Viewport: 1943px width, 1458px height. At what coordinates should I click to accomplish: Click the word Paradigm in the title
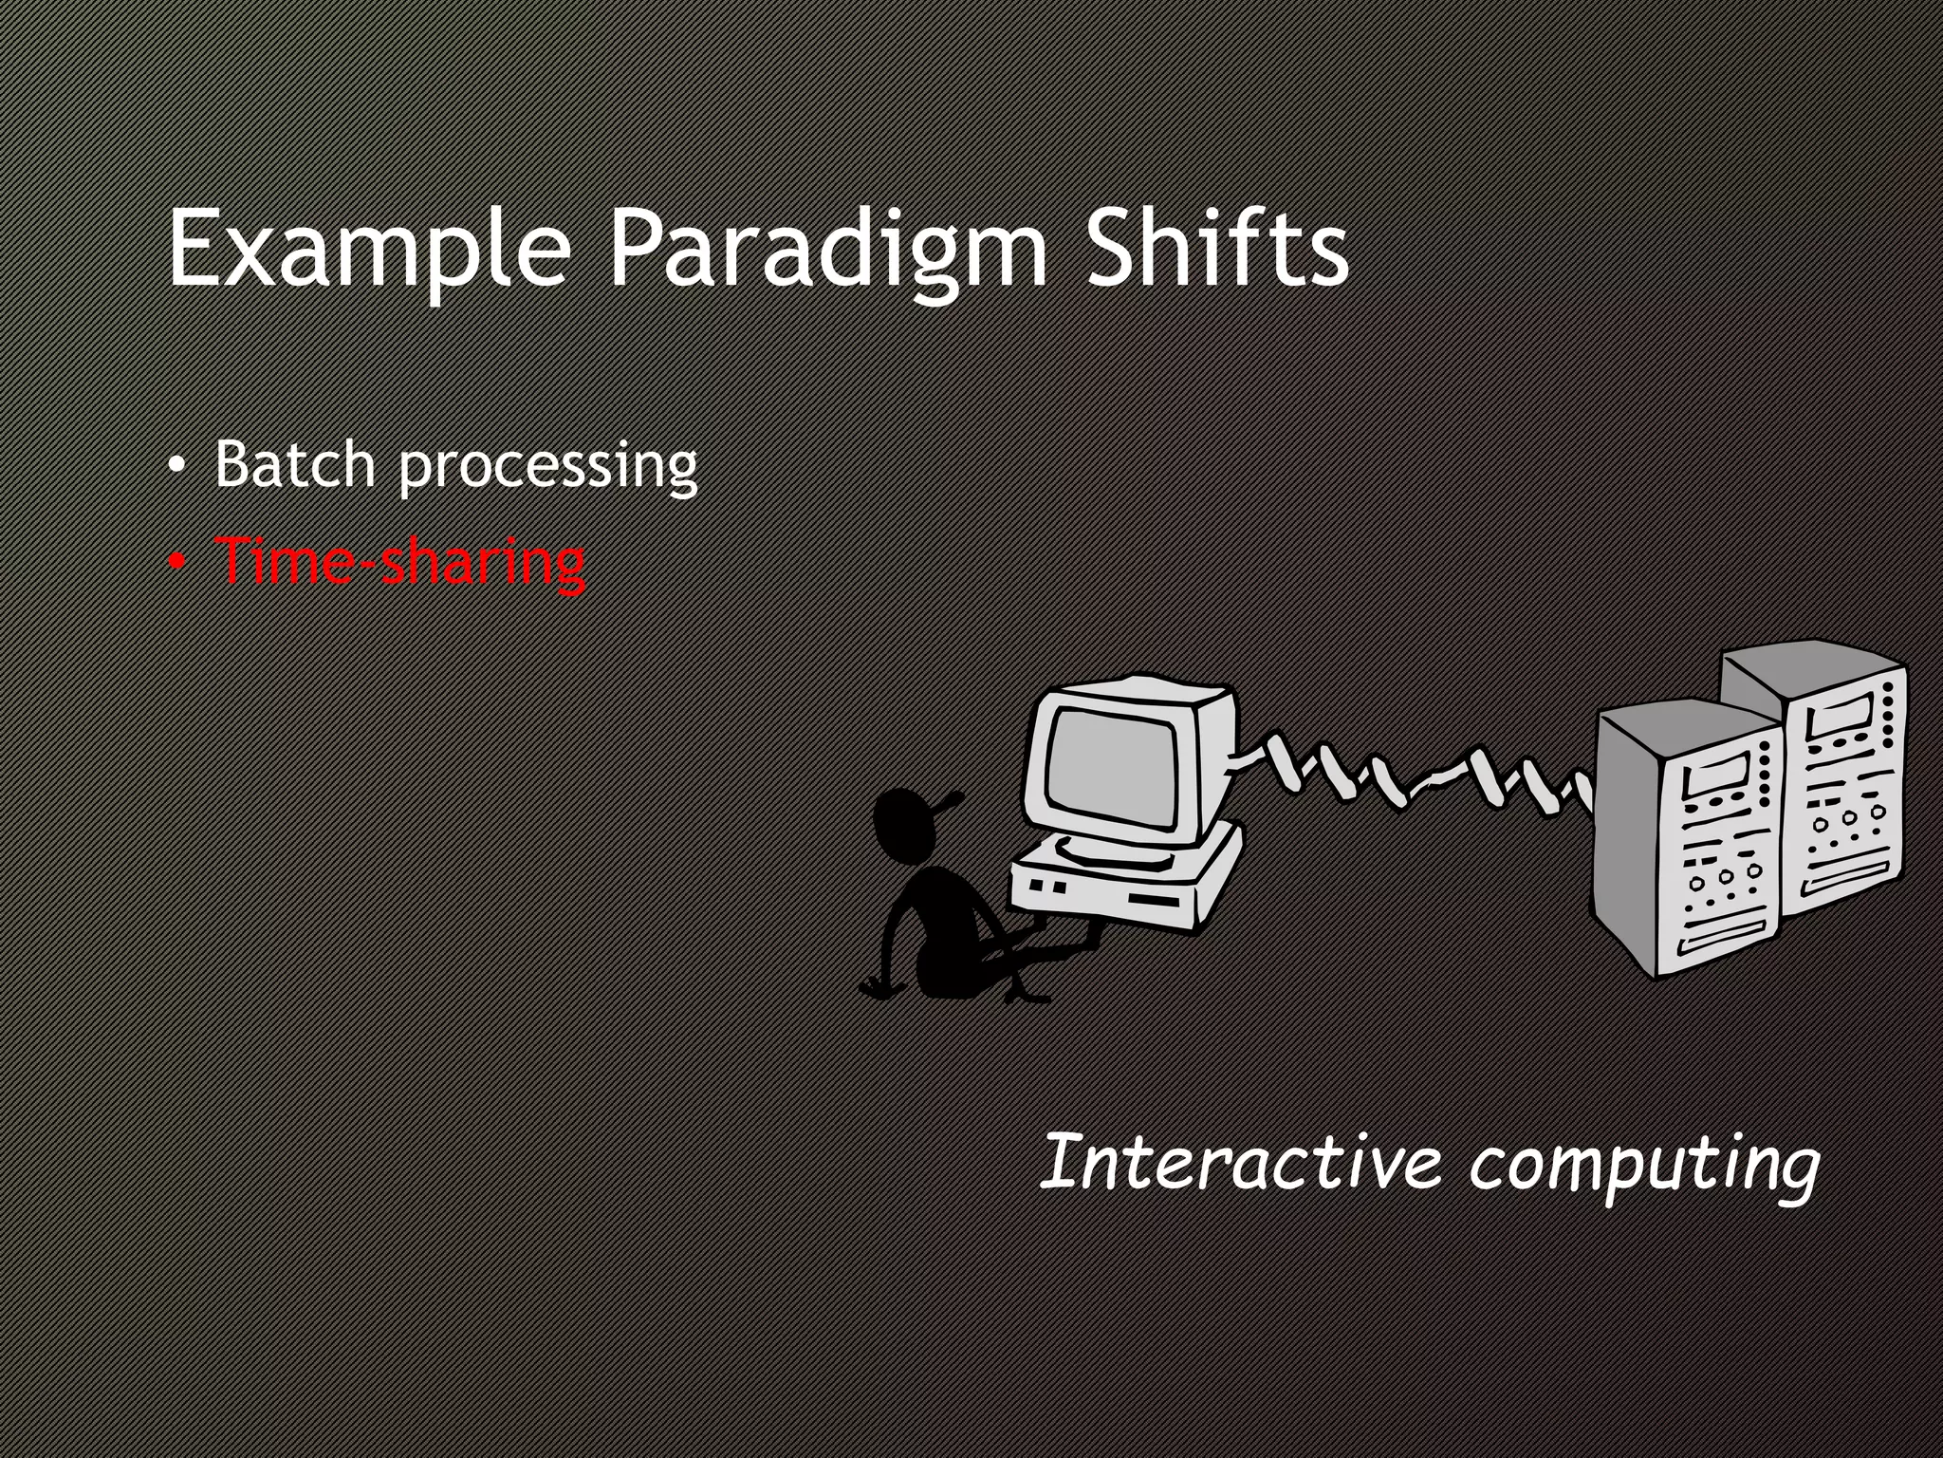tap(827, 249)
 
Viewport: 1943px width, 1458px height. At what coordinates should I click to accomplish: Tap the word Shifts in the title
tap(1217, 249)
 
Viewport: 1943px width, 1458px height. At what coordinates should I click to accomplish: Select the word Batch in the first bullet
tap(294, 464)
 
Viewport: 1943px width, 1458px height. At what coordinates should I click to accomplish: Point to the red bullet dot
tap(176, 564)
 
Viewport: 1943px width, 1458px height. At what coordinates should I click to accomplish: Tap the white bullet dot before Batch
tap(176, 467)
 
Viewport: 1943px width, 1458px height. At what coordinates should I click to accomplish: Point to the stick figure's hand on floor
tap(879, 988)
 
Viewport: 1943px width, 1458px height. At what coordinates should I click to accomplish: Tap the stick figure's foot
tap(1029, 996)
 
